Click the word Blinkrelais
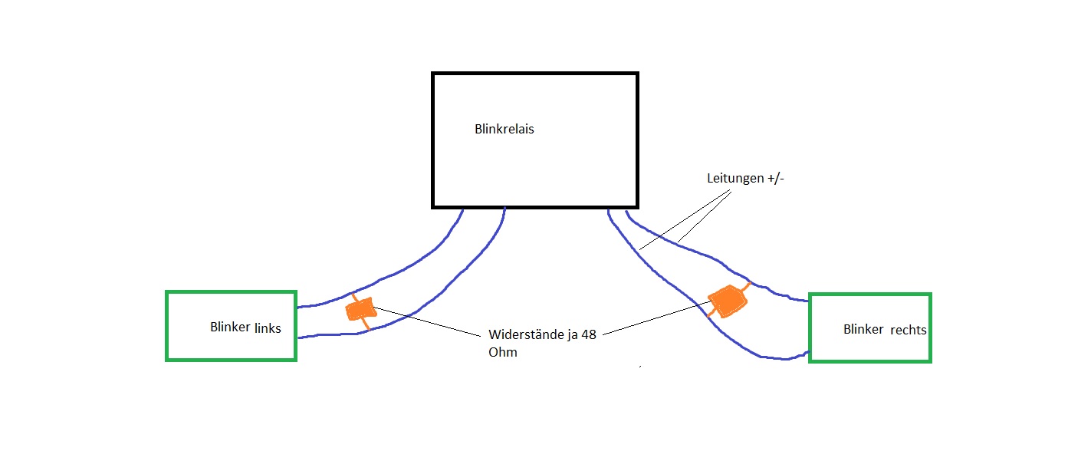click(x=504, y=130)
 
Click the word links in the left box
click(x=268, y=328)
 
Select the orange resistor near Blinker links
click(x=360, y=309)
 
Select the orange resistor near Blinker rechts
click(x=727, y=300)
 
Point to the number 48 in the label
click(x=588, y=336)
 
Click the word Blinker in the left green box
click(x=230, y=327)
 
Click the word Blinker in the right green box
click(x=864, y=330)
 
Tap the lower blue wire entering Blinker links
click(x=322, y=335)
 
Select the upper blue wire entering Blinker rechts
click(x=790, y=295)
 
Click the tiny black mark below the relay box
click(x=640, y=367)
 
